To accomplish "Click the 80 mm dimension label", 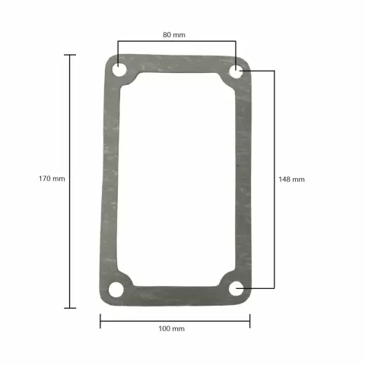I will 173,35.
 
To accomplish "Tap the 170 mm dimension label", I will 52,179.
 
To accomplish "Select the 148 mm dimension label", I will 291,179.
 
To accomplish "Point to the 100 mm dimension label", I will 171,328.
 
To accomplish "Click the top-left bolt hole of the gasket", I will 120,71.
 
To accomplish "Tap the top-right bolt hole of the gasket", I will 236,72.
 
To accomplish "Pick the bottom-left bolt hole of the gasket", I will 116,289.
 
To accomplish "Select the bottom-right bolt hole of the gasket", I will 236,288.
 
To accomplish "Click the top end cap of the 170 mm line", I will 70,55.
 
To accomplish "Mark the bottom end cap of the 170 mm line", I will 70,307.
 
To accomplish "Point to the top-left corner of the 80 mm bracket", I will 118,43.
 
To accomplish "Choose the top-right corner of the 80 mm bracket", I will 237,43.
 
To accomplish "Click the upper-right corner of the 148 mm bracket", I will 274,71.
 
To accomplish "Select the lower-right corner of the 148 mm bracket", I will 274,288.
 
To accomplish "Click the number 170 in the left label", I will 45,179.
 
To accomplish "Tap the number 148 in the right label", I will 284,179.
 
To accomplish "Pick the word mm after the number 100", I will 179,328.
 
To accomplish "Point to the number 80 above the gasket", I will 167,35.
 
